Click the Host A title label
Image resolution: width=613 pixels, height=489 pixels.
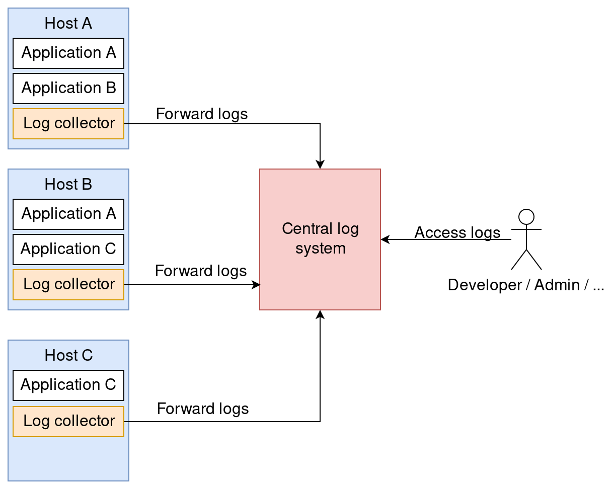tap(68, 23)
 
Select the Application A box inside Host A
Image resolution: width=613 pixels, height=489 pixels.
tap(68, 53)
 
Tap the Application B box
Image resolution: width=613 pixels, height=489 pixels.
tap(68, 88)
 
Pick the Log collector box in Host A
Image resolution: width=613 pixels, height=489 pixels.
tap(68, 123)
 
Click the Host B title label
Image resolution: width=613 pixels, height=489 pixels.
tap(68, 184)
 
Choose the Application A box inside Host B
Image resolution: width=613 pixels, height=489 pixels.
tap(68, 214)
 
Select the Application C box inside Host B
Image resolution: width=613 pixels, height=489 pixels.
tap(68, 249)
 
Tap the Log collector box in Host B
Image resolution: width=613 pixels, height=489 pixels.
tap(68, 284)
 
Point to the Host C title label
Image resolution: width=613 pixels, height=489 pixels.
tap(68, 355)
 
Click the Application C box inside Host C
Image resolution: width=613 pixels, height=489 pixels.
tap(68, 385)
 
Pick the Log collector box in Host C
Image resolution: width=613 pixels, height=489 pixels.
tap(68, 421)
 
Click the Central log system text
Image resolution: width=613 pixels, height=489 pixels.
tap(320, 238)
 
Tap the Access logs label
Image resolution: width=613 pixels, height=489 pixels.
tap(457, 232)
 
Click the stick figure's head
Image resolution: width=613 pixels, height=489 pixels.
tap(526, 217)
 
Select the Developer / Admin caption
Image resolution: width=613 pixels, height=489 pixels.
tap(525, 285)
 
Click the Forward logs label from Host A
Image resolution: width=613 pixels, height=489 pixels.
tap(202, 114)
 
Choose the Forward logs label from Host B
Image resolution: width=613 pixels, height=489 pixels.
tap(201, 271)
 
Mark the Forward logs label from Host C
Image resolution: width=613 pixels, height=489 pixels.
tap(203, 408)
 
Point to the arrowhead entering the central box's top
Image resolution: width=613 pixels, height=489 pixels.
tap(320, 165)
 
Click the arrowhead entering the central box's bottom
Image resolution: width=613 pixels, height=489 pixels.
tap(320, 314)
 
